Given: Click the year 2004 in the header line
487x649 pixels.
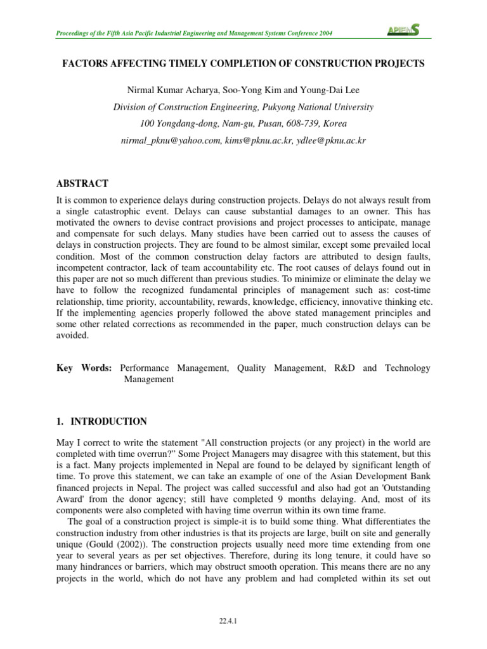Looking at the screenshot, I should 323,33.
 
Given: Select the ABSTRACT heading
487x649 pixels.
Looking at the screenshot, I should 82,184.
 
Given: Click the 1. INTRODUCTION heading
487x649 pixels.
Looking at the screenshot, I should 102,421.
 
